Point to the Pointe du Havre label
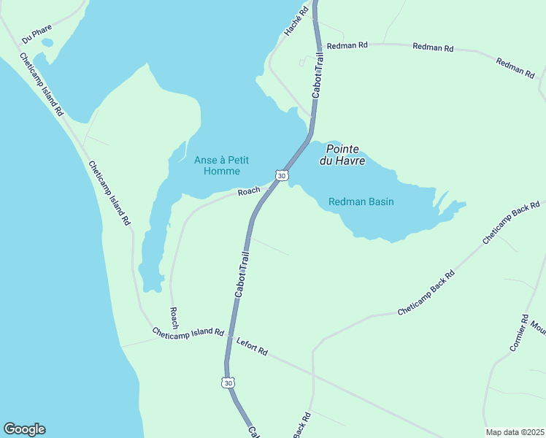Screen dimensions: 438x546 click(x=341, y=155)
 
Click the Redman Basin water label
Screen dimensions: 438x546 click(x=361, y=201)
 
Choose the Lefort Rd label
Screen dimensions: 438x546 click(x=252, y=346)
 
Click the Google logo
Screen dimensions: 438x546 click(x=24, y=429)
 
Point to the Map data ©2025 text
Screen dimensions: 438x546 click(x=515, y=432)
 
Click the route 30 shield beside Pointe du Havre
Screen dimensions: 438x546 click(x=282, y=175)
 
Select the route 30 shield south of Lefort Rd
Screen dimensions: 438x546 click(x=228, y=383)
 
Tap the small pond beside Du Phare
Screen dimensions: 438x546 click(x=47, y=42)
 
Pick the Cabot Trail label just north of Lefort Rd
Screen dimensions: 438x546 click(x=242, y=274)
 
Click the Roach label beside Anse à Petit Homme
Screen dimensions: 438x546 click(x=249, y=191)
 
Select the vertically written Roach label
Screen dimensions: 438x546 click(x=174, y=318)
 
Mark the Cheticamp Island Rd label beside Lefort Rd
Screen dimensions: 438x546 click(x=188, y=332)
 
